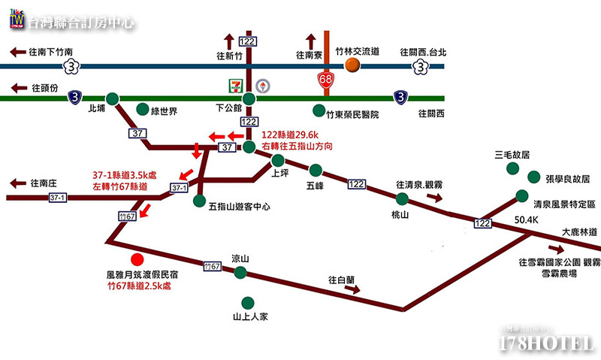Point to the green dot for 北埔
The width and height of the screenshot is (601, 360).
113,98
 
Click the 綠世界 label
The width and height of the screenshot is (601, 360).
164,112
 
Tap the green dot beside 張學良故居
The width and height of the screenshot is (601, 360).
533,177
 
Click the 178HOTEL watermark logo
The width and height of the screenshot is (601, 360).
547,342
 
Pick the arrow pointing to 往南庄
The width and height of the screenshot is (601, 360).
17,183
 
